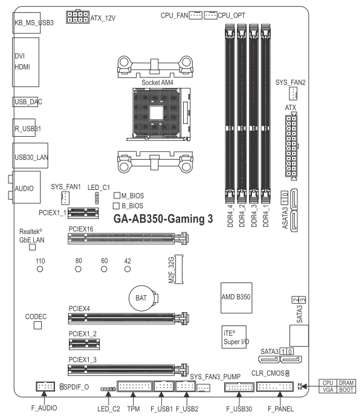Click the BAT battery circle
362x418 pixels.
click(x=141, y=298)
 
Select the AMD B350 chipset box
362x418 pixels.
click(x=236, y=298)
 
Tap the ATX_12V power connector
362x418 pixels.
click(x=77, y=17)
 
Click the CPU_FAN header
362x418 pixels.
click(x=196, y=15)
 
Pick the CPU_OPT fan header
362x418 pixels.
click(x=210, y=15)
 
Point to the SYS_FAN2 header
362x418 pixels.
click(x=293, y=93)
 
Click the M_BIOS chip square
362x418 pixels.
click(x=117, y=195)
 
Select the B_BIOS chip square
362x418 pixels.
click(x=116, y=206)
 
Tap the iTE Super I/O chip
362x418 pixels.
click(x=234, y=337)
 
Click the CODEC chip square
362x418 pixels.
click(x=37, y=325)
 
